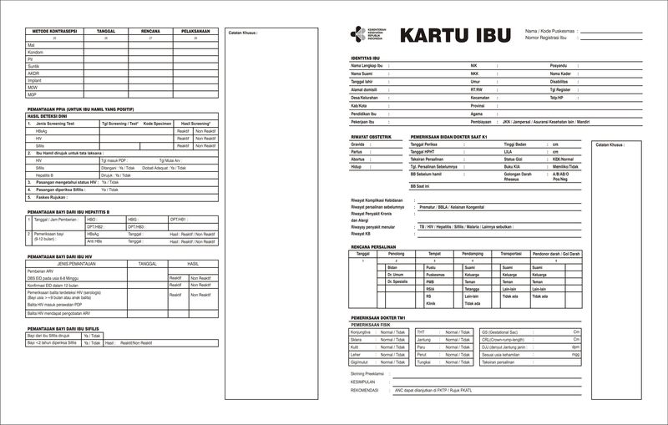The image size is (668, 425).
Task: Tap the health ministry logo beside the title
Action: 357,34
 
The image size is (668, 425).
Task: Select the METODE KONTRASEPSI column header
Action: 54,31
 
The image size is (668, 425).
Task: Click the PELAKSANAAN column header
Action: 195,31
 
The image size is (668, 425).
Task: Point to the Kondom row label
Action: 35,52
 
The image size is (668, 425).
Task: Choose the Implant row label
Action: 35,80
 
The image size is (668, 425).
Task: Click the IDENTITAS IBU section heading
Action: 366,58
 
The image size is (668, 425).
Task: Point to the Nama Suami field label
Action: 362,73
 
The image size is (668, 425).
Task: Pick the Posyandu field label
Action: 559,65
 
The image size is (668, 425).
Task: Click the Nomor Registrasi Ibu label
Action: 546,38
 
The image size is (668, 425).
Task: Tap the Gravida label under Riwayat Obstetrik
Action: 357,144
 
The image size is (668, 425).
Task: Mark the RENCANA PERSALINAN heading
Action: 372,247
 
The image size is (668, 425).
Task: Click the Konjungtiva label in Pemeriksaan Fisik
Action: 362,332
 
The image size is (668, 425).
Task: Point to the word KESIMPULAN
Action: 364,382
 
